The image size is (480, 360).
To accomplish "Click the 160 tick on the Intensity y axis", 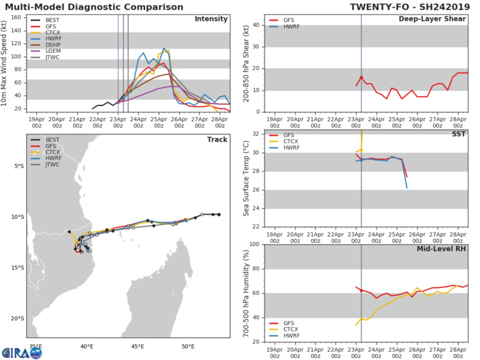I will (x=16, y=18).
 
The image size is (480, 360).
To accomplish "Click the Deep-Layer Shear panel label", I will (x=436, y=19).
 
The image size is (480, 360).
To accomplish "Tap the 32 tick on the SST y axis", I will (x=255, y=134).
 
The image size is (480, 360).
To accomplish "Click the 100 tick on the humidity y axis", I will (x=253, y=244).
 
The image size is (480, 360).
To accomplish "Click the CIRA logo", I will (x=21, y=352).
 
